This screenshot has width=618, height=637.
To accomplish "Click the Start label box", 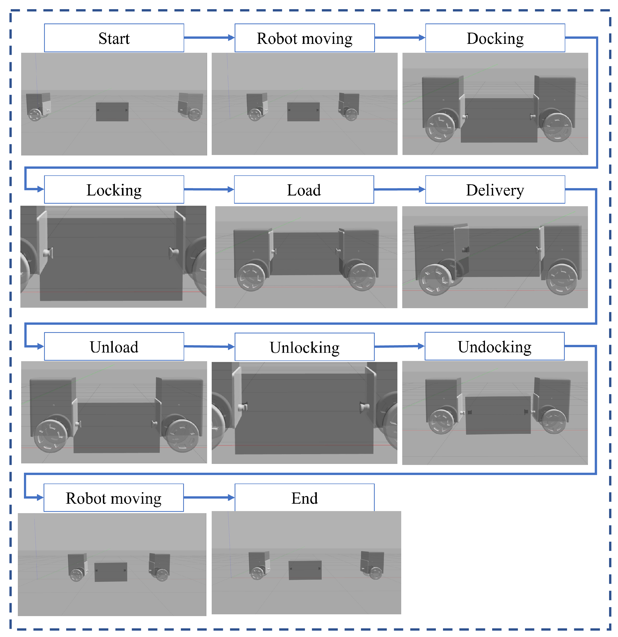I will tap(114, 38).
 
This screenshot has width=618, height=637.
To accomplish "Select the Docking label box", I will tap(495, 38).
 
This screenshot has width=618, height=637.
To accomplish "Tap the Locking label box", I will tap(114, 190).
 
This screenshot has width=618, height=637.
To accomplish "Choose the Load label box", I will tap(304, 190).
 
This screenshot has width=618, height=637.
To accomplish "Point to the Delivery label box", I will tap(495, 190).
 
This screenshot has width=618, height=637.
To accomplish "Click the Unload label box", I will tap(114, 346).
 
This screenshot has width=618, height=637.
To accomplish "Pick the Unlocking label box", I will tap(304, 347).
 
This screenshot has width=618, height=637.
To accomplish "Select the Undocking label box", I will tap(494, 346).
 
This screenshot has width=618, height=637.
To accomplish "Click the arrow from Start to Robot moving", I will tap(209, 38).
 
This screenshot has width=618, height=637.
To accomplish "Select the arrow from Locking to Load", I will tap(209, 189).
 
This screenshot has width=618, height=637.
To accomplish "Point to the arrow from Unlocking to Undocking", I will tap(399, 346).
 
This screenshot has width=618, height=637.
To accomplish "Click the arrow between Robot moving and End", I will tap(209, 498).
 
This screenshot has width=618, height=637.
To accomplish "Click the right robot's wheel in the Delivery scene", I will tap(561, 279).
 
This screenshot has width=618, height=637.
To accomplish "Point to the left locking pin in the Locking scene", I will tap(48, 252).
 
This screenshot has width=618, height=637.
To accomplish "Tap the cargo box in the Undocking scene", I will tap(498, 415).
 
